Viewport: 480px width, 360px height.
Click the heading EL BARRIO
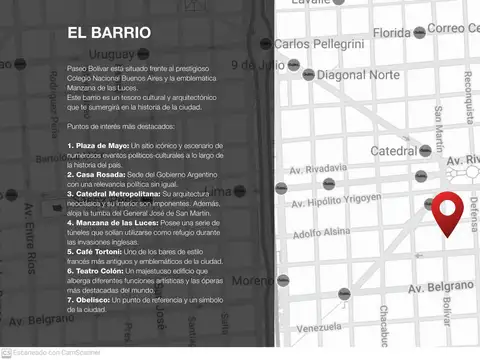pyautogui.click(x=110, y=33)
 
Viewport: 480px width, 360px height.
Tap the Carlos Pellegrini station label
pyautogui.click(x=319, y=44)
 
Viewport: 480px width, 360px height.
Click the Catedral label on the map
pyautogui.click(x=399, y=151)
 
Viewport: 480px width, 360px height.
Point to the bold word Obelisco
pyautogui.click(x=89, y=298)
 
